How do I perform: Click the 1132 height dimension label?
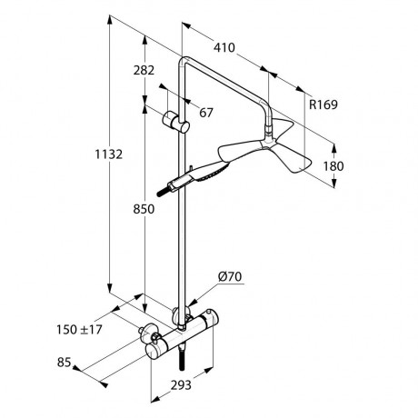[109, 154]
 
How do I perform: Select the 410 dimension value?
[224, 48]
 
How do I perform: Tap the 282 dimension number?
[144, 70]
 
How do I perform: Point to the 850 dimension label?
[144, 209]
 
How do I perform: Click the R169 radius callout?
[323, 104]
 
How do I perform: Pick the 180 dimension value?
[333, 166]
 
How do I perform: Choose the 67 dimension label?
[206, 113]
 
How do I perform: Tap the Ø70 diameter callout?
[230, 277]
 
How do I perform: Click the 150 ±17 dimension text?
[79, 330]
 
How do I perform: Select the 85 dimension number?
[64, 363]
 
